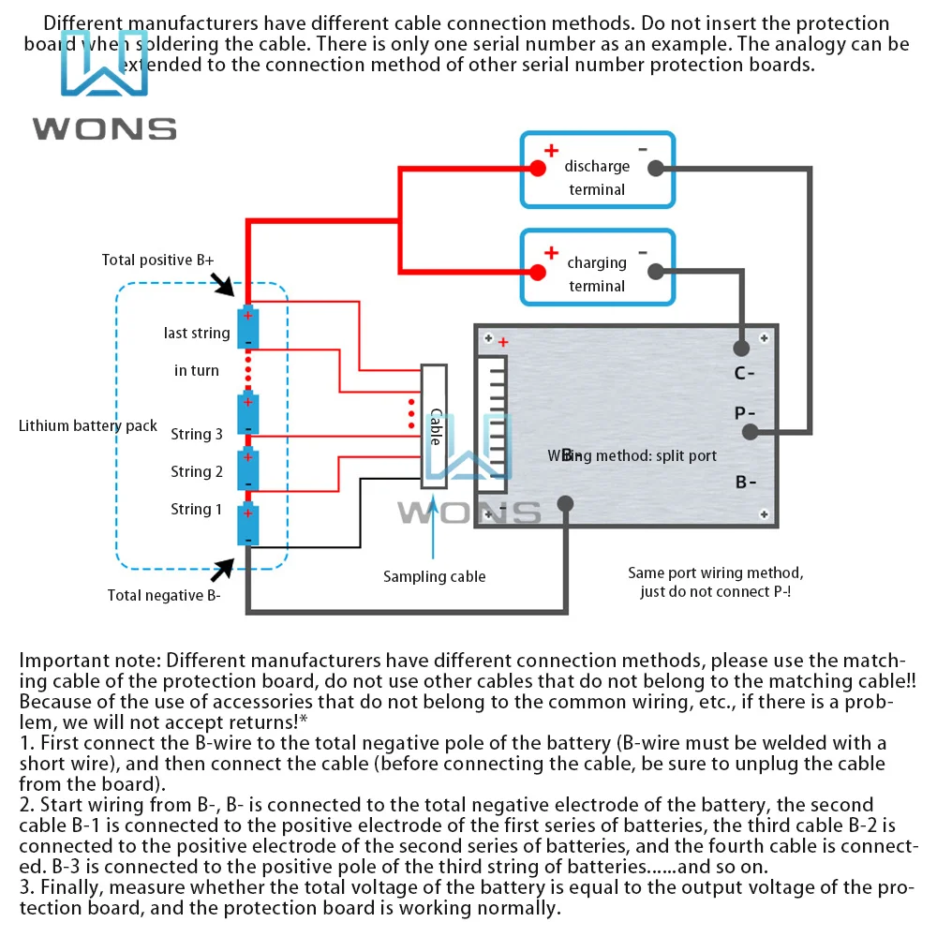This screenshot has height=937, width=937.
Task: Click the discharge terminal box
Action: coord(597,170)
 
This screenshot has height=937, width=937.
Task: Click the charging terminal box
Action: coord(597,266)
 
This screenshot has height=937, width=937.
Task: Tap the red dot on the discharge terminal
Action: coord(538,168)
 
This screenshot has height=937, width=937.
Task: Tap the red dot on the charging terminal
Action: coord(538,272)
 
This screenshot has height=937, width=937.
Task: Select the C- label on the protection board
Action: coord(745,374)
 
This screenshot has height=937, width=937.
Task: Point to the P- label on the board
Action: coord(746,413)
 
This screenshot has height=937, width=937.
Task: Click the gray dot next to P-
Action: coord(750,432)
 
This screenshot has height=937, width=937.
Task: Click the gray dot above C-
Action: coord(741,349)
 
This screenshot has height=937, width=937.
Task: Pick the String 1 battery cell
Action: coord(247,524)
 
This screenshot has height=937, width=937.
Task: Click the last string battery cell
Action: coord(247,327)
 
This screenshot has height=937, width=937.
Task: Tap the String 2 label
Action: coord(197,471)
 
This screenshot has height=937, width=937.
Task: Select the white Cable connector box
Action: coord(435,426)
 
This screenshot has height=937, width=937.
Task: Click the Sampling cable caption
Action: coord(434,576)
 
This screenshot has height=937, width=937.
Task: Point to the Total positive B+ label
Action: coord(157,260)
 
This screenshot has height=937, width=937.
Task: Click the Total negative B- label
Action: coord(163,594)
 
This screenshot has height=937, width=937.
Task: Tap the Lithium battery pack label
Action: coord(88,425)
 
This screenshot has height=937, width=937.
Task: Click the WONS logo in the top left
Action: coord(104,89)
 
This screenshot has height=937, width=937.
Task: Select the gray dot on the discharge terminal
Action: coord(656,168)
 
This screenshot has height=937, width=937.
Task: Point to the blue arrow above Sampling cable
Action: coord(434,529)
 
